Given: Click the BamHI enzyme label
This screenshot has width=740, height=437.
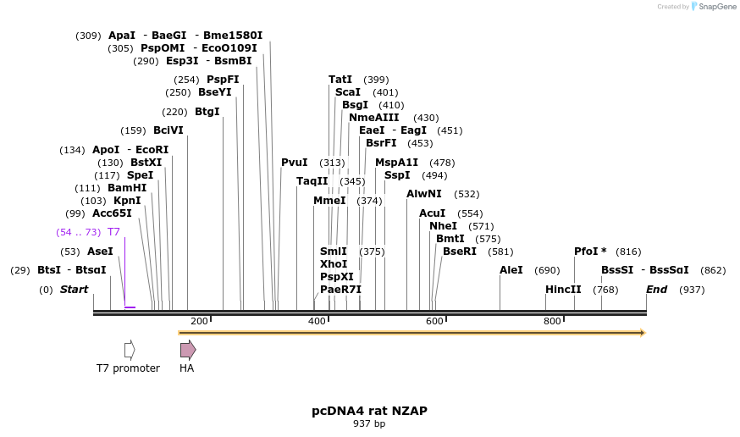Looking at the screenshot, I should tap(127, 188).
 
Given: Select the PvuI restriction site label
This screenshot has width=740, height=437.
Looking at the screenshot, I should tap(295, 163).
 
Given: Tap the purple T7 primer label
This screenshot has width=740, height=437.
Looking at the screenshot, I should tap(113, 232).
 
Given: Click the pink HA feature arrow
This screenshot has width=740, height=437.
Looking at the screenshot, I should tap(187, 350).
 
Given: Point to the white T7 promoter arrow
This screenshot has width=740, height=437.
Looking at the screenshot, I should tap(130, 350).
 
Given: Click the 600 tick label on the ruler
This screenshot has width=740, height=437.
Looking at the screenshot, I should tap(434, 321).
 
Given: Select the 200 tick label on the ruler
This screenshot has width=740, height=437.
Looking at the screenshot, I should tap(199, 321).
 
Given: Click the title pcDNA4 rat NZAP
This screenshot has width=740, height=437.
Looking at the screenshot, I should tap(369, 411).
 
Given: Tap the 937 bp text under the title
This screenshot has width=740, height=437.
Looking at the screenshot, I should tap(369, 423).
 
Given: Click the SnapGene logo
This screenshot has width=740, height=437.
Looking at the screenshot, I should tap(716, 7).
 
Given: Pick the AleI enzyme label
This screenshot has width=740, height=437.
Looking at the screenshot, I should tap(511, 270).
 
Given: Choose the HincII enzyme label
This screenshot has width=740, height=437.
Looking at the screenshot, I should tap(563, 290).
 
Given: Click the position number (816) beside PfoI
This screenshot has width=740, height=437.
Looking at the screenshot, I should tap(628, 252).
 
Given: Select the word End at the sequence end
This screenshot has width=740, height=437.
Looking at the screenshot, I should tap(656, 290).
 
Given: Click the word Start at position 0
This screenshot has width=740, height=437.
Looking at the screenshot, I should tap(74, 290).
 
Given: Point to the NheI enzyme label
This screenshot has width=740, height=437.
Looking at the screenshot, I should tap(443, 226).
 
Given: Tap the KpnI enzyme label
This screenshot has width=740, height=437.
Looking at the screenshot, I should tap(127, 201).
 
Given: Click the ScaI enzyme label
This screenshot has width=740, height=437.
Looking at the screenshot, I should tap(347, 92).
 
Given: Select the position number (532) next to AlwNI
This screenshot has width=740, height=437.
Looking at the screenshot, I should tap(467, 195).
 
